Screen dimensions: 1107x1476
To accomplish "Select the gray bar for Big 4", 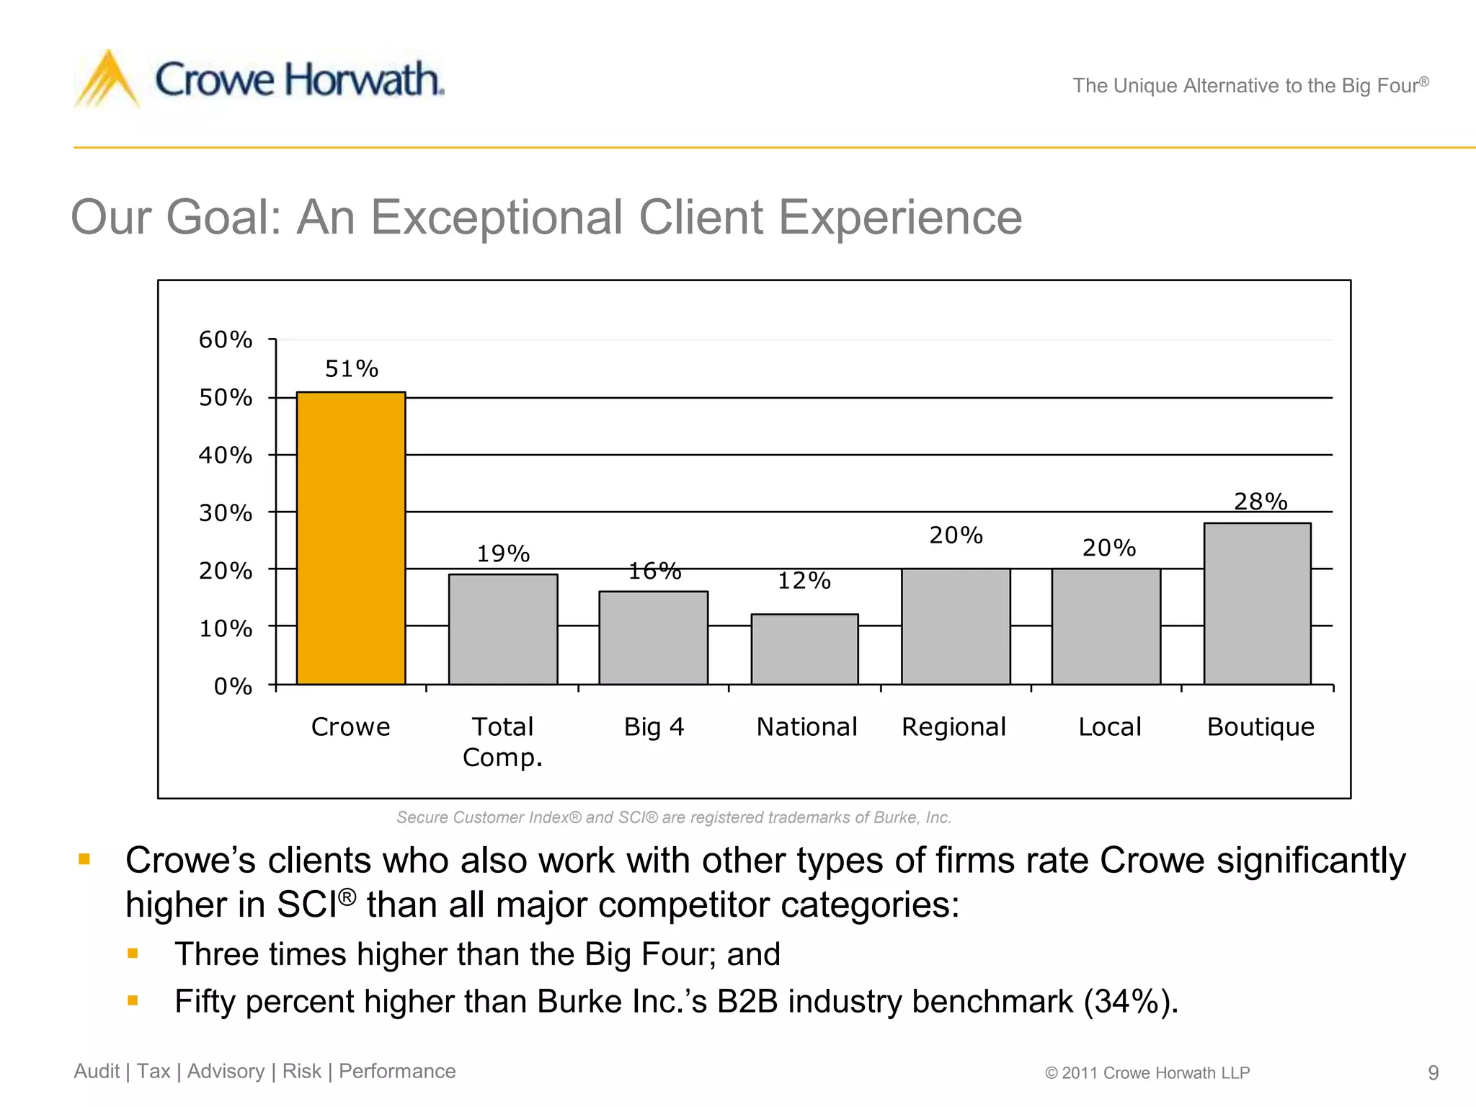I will click(x=653, y=638).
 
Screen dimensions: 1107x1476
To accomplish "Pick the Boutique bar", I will click(x=1257, y=603).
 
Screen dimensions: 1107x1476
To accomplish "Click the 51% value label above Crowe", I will click(x=352, y=369).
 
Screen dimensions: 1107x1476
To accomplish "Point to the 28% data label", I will click(x=1261, y=501).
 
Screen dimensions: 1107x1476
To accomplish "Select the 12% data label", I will click(x=804, y=580).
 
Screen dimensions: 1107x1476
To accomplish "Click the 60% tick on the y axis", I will click(x=226, y=339).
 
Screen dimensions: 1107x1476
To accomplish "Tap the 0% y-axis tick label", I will click(x=233, y=686).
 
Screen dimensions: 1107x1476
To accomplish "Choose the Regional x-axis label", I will click(x=953, y=726).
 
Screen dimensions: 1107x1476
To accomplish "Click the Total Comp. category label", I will click(x=502, y=742).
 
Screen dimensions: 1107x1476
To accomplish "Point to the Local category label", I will click(x=1109, y=726).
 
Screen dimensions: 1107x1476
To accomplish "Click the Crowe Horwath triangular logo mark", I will click(x=107, y=79).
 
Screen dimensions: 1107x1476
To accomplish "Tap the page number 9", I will click(x=1433, y=1073).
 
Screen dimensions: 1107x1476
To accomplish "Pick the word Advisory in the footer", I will click(x=226, y=1071).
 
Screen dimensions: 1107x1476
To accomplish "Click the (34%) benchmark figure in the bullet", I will click(x=1129, y=1001).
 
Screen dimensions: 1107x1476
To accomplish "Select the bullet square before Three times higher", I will click(x=133, y=953).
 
